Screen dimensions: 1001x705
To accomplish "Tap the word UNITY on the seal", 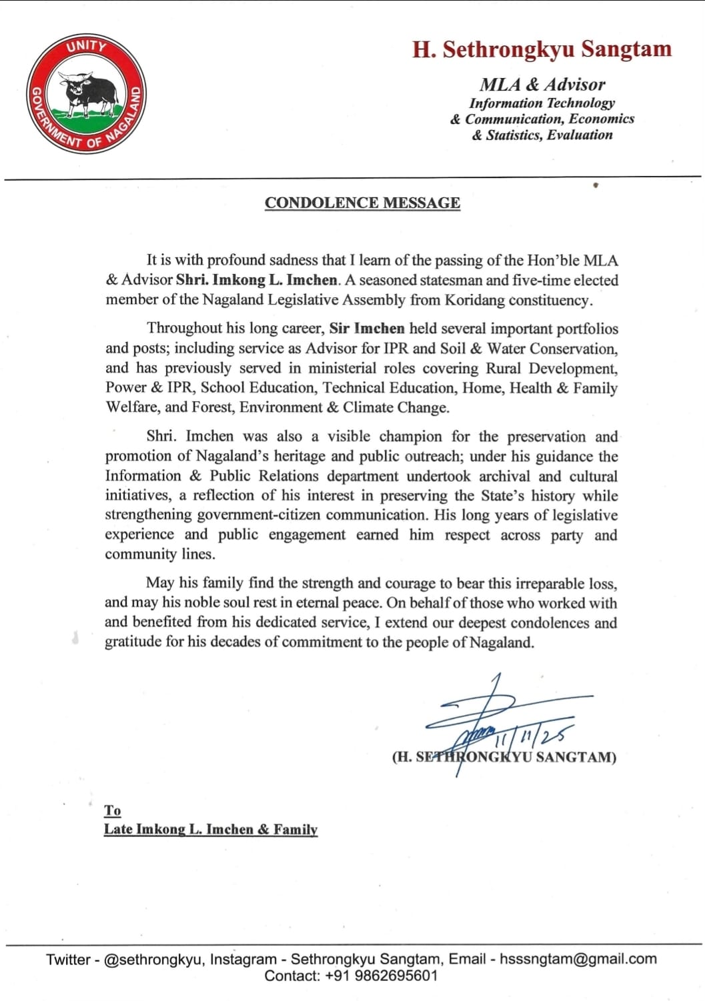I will (x=86, y=47).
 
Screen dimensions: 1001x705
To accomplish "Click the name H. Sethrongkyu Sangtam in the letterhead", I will (x=542, y=49).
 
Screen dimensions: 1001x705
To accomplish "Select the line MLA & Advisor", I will (x=542, y=85).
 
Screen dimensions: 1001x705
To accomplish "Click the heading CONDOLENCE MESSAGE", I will (x=362, y=203).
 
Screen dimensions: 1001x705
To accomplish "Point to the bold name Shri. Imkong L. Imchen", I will (x=257, y=280).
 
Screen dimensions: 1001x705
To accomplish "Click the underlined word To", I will (x=112, y=810).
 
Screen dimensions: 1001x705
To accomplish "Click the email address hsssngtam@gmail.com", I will (x=578, y=959).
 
